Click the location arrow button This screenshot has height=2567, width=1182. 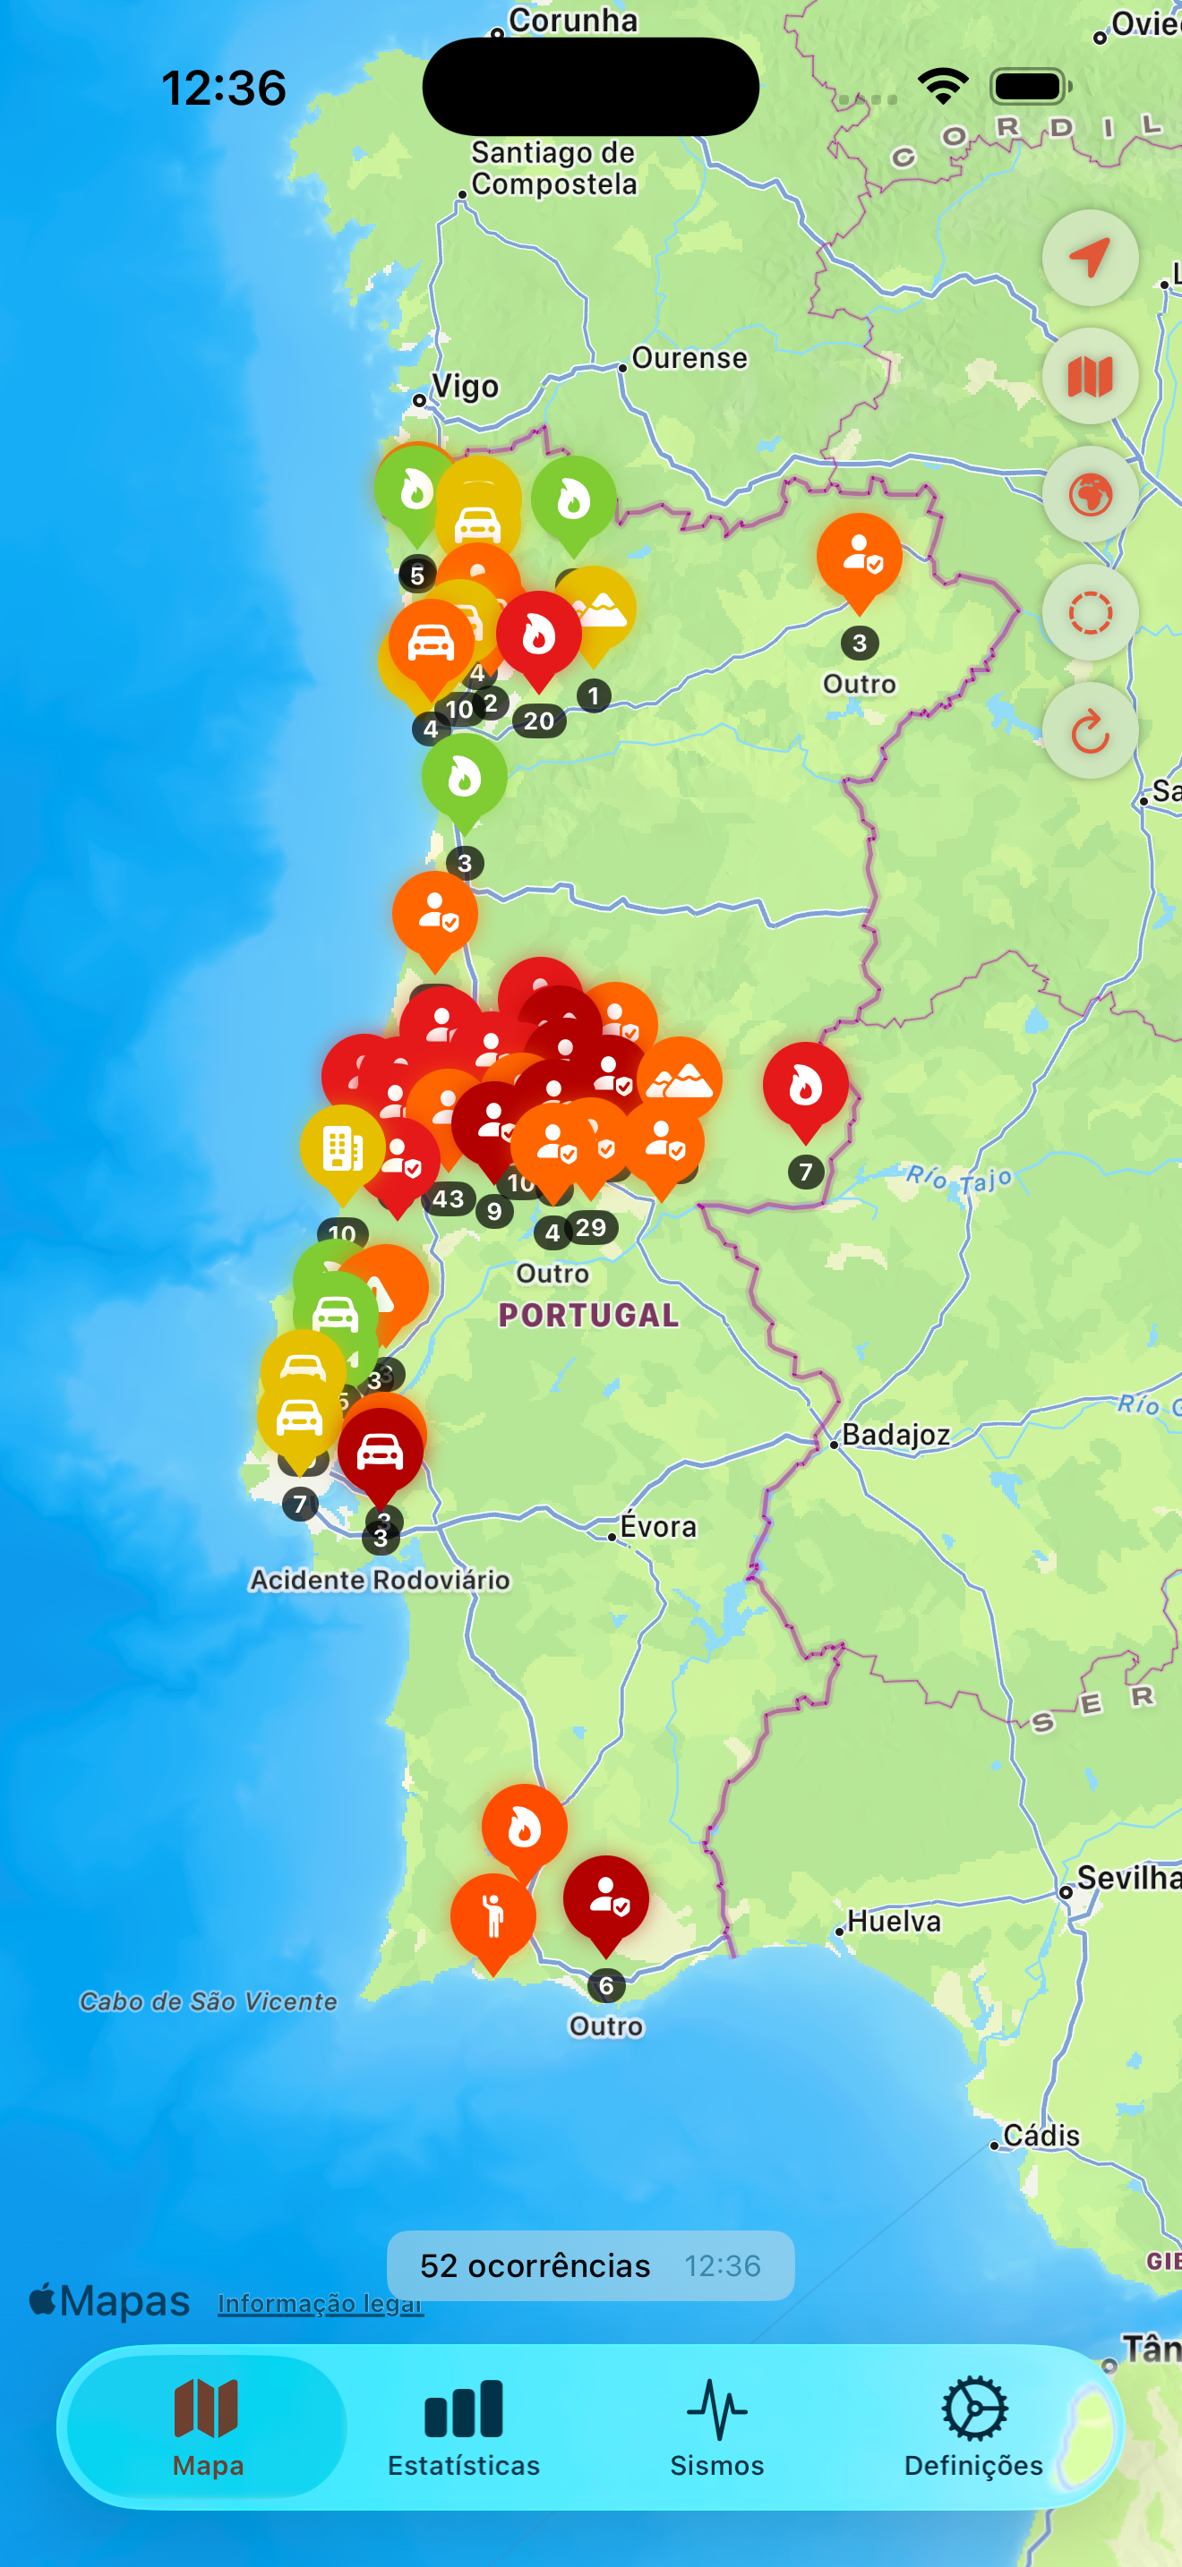point(1089,258)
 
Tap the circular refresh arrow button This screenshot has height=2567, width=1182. point(1089,731)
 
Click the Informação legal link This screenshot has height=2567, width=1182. point(320,2303)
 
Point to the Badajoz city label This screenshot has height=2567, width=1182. point(895,1435)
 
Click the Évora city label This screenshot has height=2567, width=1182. point(658,1527)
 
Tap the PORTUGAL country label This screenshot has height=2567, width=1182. point(588,1316)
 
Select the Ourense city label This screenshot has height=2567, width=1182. point(689,359)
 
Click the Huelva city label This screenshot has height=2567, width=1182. point(893,1920)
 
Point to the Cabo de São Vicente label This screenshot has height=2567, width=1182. point(209,2001)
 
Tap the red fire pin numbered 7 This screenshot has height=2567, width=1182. point(805,1087)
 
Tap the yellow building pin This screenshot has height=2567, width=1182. point(342,1149)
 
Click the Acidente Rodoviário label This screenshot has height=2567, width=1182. point(380,1580)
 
